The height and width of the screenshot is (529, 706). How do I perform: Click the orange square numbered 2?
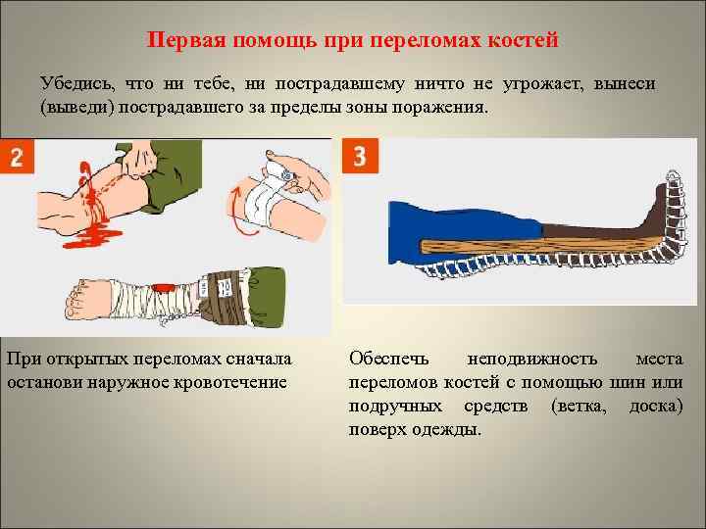coord(17,156)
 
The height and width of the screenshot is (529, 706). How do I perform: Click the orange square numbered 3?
coord(360,156)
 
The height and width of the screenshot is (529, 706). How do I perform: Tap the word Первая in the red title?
coord(187,39)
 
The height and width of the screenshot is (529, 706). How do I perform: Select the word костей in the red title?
coord(524,39)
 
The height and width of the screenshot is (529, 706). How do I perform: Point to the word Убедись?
coord(77,84)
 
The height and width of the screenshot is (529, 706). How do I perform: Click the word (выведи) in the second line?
coord(77,108)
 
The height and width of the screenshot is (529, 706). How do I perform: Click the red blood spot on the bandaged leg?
coord(164,287)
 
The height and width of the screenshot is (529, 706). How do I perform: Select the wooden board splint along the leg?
coord(539,246)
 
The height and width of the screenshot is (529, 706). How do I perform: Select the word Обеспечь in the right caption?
coord(389,360)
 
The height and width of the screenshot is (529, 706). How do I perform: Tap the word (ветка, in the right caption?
coord(579,407)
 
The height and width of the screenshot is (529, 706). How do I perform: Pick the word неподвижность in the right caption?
coord(532,360)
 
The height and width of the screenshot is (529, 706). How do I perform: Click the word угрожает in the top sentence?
coord(542,84)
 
